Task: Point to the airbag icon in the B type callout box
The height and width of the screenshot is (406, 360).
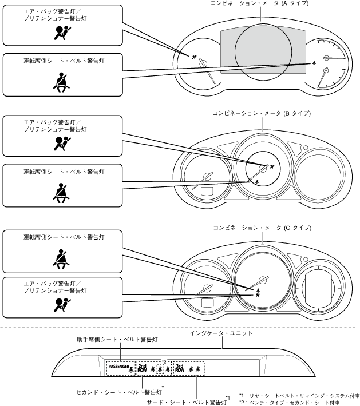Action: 61,144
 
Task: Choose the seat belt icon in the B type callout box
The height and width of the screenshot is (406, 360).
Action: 61,193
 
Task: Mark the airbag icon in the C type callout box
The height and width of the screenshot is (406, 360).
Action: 61,308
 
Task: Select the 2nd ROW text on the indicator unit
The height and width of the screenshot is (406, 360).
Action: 143,368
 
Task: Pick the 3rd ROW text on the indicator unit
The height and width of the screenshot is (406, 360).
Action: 180,368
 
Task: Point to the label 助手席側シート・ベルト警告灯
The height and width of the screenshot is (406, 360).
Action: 117,339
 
